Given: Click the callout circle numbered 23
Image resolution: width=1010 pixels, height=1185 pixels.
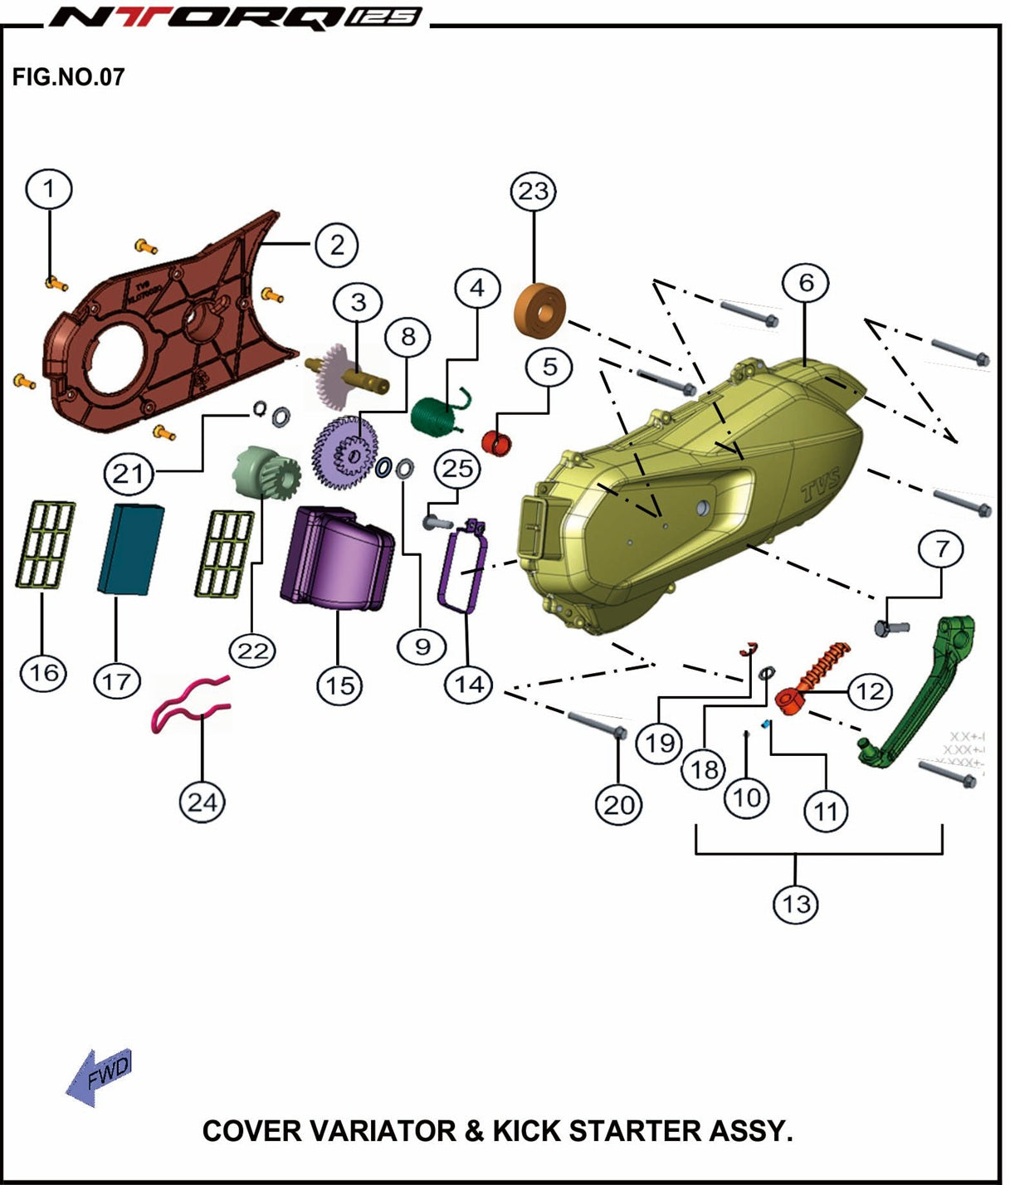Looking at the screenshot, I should pyautogui.click(x=533, y=192).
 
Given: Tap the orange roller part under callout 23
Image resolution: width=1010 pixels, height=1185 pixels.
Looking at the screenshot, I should pyautogui.click(x=541, y=311).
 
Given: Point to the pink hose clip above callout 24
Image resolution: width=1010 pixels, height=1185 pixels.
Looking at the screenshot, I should pyautogui.click(x=189, y=705).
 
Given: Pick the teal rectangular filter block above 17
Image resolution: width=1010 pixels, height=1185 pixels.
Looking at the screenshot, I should pyautogui.click(x=130, y=549).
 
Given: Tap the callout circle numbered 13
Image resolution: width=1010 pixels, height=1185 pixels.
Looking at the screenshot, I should pyautogui.click(x=796, y=903).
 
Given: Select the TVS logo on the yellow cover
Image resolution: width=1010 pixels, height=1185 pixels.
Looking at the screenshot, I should pyautogui.click(x=821, y=485).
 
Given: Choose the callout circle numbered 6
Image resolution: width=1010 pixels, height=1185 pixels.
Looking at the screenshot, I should pyautogui.click(x=806, y=284).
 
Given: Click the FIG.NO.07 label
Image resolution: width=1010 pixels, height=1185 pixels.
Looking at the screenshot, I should pyautogui.click(x=68, y=77).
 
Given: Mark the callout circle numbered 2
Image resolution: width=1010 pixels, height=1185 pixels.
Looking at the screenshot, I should pyautogui.click(x=336, y=245).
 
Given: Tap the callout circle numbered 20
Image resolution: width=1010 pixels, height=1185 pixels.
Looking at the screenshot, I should pyautogui.click(x=618, y=803).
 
